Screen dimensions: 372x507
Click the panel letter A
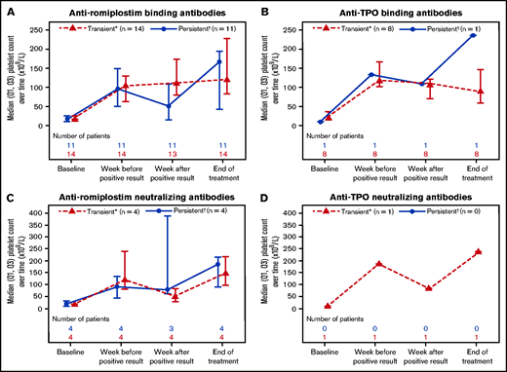click(8, 10)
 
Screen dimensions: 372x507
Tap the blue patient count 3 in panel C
click(171, 328)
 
